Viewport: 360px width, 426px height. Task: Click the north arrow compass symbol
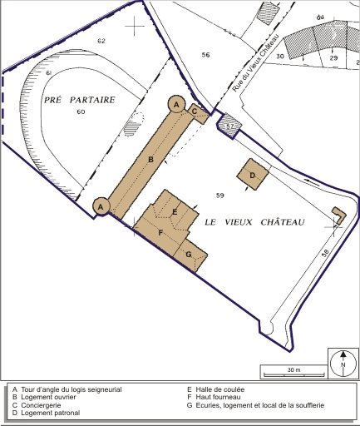(343, 364)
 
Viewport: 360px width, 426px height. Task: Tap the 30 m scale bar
(294, 375)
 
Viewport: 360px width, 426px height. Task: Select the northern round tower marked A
(176, 104)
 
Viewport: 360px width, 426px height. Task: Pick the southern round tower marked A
(101, 206)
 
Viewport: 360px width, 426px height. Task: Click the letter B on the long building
(151, 160)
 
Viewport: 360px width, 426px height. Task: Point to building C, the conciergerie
(198, 113)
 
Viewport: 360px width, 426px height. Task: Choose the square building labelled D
(253, 175)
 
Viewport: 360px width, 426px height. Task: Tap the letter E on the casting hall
(175, 212)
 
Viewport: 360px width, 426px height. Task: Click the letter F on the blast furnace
(160, 233)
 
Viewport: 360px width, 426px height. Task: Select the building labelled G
(191, 255)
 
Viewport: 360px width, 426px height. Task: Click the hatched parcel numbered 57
(229, 126)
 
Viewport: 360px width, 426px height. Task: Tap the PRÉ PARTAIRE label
(80, 100)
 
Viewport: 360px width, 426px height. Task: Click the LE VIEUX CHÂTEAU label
(254, 222)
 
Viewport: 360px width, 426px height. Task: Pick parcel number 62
(101, 41)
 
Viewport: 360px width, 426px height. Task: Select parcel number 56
(205, 55)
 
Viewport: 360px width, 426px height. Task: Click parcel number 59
(220, 196)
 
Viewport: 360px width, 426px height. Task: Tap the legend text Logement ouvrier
(48, 397)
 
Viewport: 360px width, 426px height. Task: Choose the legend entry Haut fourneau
(218, 397)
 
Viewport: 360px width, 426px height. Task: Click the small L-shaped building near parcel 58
(340, 215)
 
